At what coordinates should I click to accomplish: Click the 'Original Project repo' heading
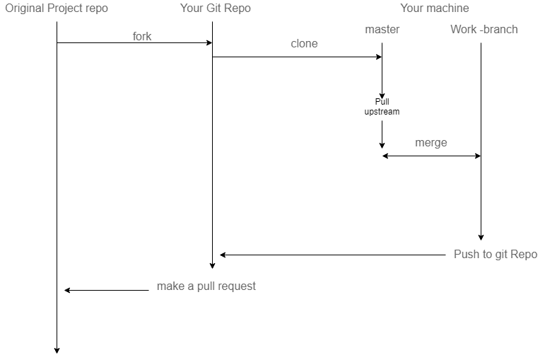click(57, 8)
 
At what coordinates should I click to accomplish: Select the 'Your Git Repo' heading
click(215, 8)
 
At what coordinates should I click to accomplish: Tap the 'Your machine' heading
click(434, 8)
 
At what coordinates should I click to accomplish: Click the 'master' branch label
click(382, 30)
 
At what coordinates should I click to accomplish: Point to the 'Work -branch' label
click(484, 30)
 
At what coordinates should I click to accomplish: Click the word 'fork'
click(142, 36)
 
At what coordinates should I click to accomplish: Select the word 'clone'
click(304, 44)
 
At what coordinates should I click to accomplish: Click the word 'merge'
click(431, 143)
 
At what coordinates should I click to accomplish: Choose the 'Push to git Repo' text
click(496, 255)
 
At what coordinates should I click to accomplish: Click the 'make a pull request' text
click(206, 286)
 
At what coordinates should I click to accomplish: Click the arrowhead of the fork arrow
click(209, 43)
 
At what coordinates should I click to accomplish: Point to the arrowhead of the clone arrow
click(379, 57)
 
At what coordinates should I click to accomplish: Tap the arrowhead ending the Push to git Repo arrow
click(223, 255)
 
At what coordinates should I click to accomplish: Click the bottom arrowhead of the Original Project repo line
click(57, 350)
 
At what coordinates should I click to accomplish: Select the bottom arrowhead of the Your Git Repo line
click(213, 265)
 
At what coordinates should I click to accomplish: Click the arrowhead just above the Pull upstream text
click(382, 95)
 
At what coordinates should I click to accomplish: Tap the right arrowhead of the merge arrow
click(478, 156)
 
